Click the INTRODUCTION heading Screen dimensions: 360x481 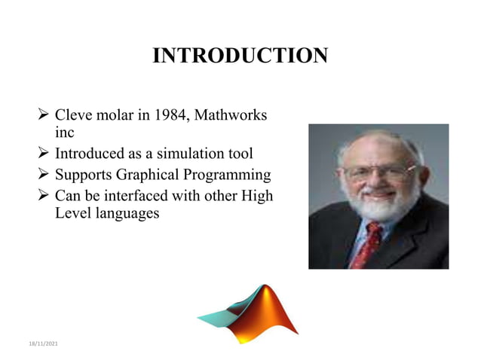(x=240, y=56)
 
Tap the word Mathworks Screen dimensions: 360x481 (x=234, y=116)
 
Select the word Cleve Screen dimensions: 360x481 (x=74, y=116)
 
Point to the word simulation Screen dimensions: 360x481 (x=178, y=154)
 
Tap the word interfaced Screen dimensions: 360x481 (x=133, y=196)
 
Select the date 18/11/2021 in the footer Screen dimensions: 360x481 (x=43, y=344)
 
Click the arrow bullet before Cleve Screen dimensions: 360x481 (x=44, y=116)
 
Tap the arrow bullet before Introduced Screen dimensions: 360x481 (x=44, y=154)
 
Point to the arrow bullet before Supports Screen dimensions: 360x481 (x=44, y=175)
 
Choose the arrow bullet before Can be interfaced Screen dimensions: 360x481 (x=44, y=196)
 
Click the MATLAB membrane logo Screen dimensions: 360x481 (x=250, y=313)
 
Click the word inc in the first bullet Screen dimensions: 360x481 (x=65, y=133)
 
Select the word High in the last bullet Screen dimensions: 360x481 (x=256, y=196)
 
